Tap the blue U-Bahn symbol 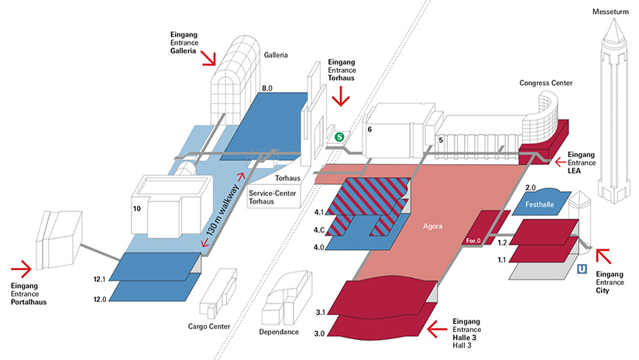pyautogui.click(x=582, y=269)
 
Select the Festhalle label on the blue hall pyautogui.click(x=539, y=206)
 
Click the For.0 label pyautogui.click(x=473, y=242)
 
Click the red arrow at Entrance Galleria pyautogui.click(x=209, y=59)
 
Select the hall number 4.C pyautogui.click(x=318, y=229)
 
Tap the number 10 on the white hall pyautogui.click(x=136, y=209)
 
